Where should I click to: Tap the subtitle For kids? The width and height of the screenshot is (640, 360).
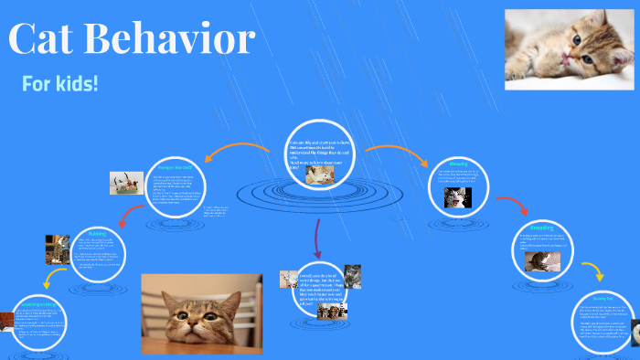59,84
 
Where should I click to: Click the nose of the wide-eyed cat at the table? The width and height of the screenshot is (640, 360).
194,327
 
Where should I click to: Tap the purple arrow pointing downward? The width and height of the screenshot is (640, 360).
317,240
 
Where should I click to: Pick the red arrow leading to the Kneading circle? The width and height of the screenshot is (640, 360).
504,204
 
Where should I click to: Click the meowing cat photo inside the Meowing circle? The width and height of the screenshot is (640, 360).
457,196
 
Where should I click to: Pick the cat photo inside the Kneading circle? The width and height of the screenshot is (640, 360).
537,261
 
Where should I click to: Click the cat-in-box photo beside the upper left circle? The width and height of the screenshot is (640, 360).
126,183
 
